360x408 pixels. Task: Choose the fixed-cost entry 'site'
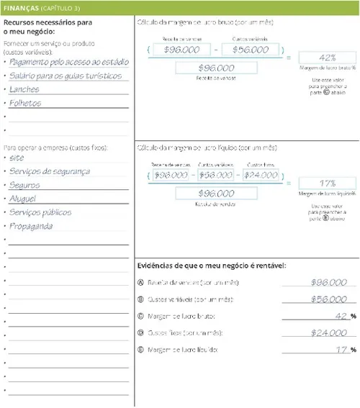[x=17, y=157]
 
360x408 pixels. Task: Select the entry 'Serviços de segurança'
[x=50, y=171]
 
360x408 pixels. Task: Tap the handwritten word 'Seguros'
[x=25, y=184]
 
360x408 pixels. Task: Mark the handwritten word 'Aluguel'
[x=25, y=198]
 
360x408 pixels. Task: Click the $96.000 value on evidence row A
[x=329, y=283]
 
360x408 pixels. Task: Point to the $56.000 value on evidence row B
[x=329, y=299]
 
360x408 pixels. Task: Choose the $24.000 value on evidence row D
[x=329, y=333]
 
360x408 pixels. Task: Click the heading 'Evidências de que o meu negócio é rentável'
[x=212, y=266]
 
